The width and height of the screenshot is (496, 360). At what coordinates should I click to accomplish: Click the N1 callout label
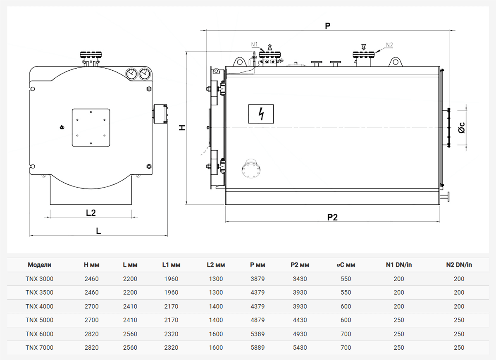(254, 44)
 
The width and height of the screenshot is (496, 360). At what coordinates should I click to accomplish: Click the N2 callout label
(389, 45)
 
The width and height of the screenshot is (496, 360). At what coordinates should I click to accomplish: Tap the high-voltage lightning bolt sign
(261, 114)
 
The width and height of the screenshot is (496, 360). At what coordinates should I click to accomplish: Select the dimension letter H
(182, 128)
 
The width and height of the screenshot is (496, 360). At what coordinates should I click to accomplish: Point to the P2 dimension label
(332, 217)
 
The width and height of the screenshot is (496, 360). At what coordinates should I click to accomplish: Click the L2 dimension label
(91, 213)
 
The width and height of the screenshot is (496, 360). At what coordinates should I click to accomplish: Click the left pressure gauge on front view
(131, 74)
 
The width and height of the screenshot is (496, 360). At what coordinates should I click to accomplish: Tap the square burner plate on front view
(91, 128)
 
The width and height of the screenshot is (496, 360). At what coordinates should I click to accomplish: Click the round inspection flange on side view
(250, 169)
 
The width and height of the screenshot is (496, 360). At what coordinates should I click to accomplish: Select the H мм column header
(91, 265)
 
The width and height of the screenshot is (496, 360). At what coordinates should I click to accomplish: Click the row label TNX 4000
(39, 306)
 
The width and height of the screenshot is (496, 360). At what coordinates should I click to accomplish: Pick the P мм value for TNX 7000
(258, 348)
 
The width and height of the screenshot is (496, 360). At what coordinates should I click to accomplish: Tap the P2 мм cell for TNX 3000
(300, 279)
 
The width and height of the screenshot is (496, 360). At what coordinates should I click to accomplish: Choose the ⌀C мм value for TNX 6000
(346, 334)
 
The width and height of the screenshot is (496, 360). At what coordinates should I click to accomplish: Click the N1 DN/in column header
(398, 265)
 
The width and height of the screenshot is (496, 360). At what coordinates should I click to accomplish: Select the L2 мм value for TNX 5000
(216, 320)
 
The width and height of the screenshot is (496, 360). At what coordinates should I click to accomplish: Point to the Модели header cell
(39, 265)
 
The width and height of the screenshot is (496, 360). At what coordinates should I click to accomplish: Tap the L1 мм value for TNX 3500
(171, 293)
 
